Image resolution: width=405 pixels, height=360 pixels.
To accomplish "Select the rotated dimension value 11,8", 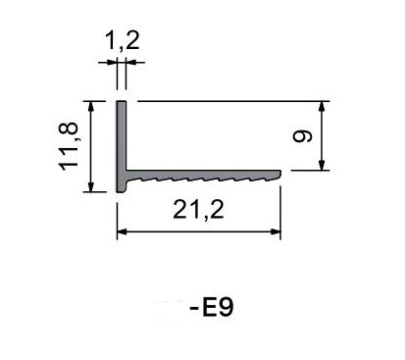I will tap(68, 146).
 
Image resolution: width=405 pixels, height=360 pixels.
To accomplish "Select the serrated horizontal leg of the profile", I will tap(201, 179).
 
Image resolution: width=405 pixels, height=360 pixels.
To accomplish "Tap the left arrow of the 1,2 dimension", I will tap(110, 62).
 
